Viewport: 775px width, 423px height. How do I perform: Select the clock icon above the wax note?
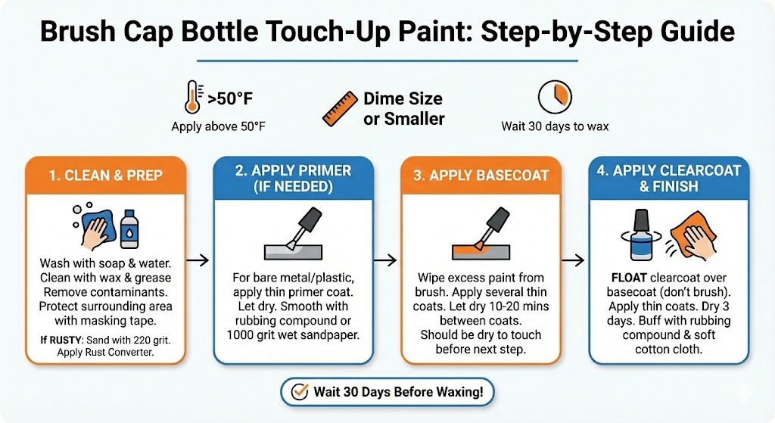(x=555, y=97)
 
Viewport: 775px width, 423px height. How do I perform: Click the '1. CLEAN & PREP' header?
(x=106, y=175)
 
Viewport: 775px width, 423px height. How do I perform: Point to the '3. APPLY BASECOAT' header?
(x=481, y=175)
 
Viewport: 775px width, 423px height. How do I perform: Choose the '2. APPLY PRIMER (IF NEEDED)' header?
(x=294, y=179)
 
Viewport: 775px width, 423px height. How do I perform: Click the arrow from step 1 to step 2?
(x=198, y=260)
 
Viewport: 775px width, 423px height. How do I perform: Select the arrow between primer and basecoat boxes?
(x=386, y=260)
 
